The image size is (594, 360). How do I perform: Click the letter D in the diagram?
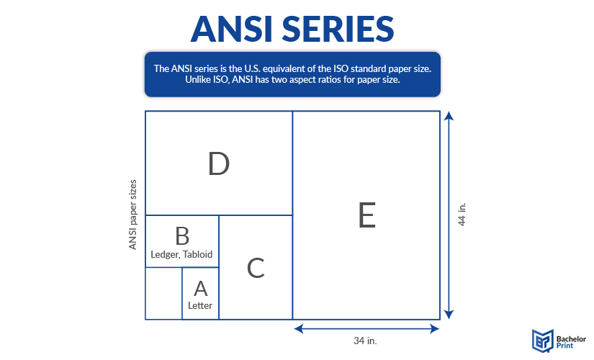click(218, 164)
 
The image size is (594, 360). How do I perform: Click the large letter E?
click(366, 215)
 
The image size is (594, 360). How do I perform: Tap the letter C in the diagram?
click(256, 268)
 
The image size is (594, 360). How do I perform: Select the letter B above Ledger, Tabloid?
click(182, 235)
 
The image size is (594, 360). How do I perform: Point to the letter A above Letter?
click(201, 289)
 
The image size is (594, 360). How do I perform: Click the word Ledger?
click(166, 254)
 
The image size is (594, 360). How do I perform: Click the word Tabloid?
click(198, 254)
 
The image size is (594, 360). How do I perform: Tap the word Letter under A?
click(200, 305)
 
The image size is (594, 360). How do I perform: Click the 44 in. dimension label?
click(462, 215)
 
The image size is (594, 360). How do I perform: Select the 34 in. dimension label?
click(366, 340)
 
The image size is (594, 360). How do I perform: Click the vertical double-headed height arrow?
click(449, 215)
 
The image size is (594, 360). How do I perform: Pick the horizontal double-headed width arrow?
click(366, 328)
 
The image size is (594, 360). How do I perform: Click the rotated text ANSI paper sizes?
click(132, 215)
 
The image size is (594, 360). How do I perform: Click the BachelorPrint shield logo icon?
click(542, 340)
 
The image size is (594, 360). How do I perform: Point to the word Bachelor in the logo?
click(573, 336)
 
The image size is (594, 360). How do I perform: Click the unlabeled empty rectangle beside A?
click(163, 293)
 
